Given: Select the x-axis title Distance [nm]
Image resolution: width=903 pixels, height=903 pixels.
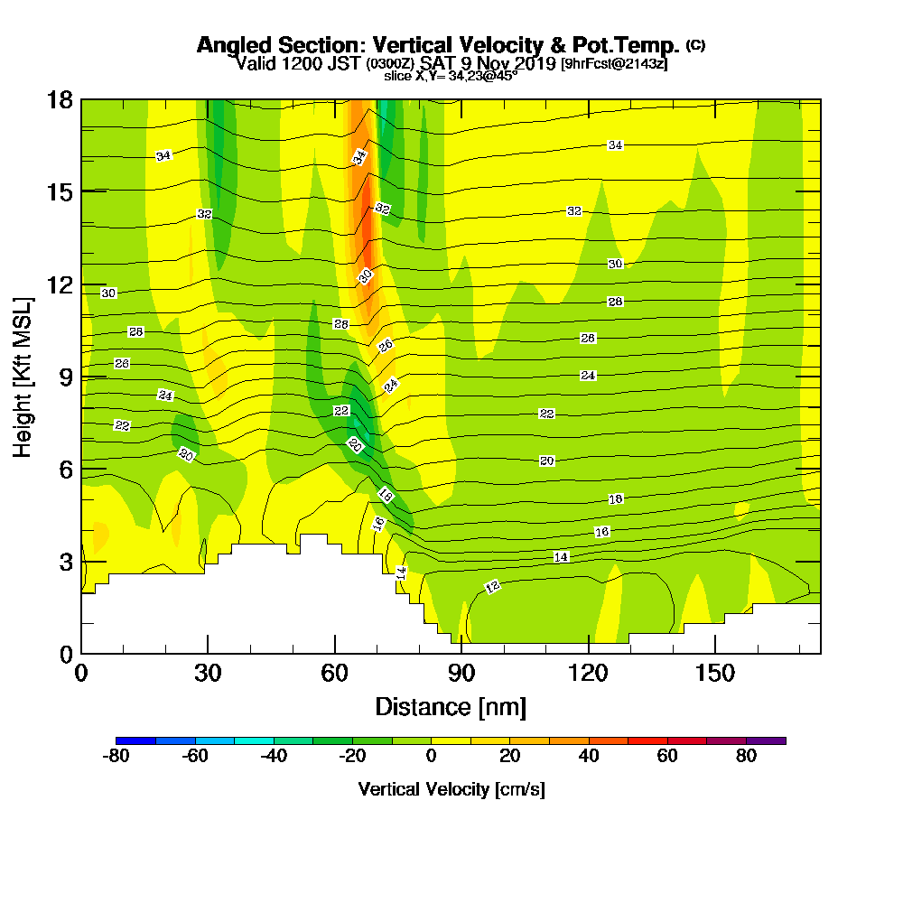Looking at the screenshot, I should [451, 705].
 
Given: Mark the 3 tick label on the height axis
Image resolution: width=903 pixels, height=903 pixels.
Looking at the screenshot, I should [65, 561].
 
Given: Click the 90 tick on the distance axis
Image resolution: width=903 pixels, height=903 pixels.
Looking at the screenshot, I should [461, 673].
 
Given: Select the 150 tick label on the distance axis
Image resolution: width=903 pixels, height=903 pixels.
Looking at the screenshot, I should [715, 673].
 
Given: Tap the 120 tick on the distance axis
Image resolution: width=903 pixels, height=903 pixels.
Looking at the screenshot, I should [588, 673].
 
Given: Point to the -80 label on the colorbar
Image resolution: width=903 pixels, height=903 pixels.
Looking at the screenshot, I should [116, 757].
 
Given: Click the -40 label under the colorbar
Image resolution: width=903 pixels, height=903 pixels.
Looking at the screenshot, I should [274, 757].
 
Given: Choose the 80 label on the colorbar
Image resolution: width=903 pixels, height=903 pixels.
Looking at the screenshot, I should [746, 757].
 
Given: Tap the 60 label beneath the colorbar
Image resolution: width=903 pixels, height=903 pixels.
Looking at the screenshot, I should [667, 757].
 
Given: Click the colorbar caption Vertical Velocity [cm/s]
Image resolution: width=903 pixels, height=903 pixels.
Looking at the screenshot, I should [451, 789].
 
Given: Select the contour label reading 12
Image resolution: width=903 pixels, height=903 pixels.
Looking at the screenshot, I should [492, 587].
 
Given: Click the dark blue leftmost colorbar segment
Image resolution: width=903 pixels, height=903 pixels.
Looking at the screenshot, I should [135, 740].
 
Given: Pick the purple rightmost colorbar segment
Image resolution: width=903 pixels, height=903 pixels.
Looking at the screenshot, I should [766, 740].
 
